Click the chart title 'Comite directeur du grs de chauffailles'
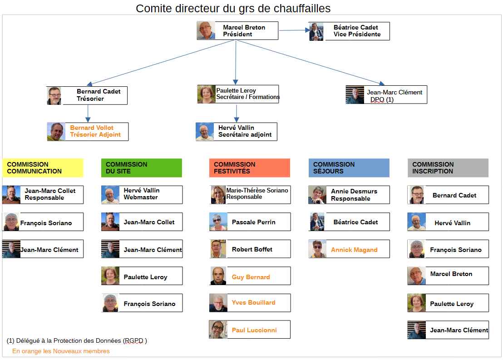(x=233, y=8)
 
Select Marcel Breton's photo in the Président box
(x=206, y=30)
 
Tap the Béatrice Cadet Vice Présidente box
(x=349, y=31)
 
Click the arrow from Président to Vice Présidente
(x=294, y=30)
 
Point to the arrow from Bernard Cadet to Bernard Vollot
(x=88, y=113)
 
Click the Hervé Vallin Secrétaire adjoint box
(x=237, y=131)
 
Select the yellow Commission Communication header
(x=43, y=168)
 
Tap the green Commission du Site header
(x=141, y=168)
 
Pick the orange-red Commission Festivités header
(x=249, y=168)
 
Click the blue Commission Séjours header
(x=349, y=168)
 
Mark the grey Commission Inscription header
(x=448, y=168)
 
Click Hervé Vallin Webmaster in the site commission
(x=142, y=194)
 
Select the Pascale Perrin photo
(x=217, y=222)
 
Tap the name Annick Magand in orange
(x=354, y=250)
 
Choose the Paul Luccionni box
(x=250, y=330)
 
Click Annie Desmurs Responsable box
(x=349, y=195)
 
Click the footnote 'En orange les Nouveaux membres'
(x=61, y=351)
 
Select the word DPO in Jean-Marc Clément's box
(x=377, y=99)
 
